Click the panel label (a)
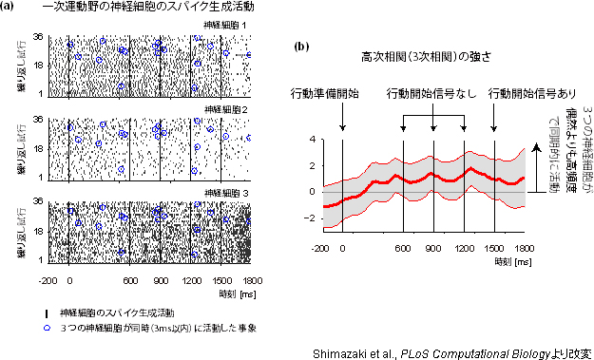(10, 9)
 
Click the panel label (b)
(302, 46)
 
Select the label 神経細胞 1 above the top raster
(228, 25)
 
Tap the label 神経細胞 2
(228, 110)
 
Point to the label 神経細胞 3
(228, 193)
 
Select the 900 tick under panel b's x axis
(433, 247)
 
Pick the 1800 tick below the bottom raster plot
(251, 280)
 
